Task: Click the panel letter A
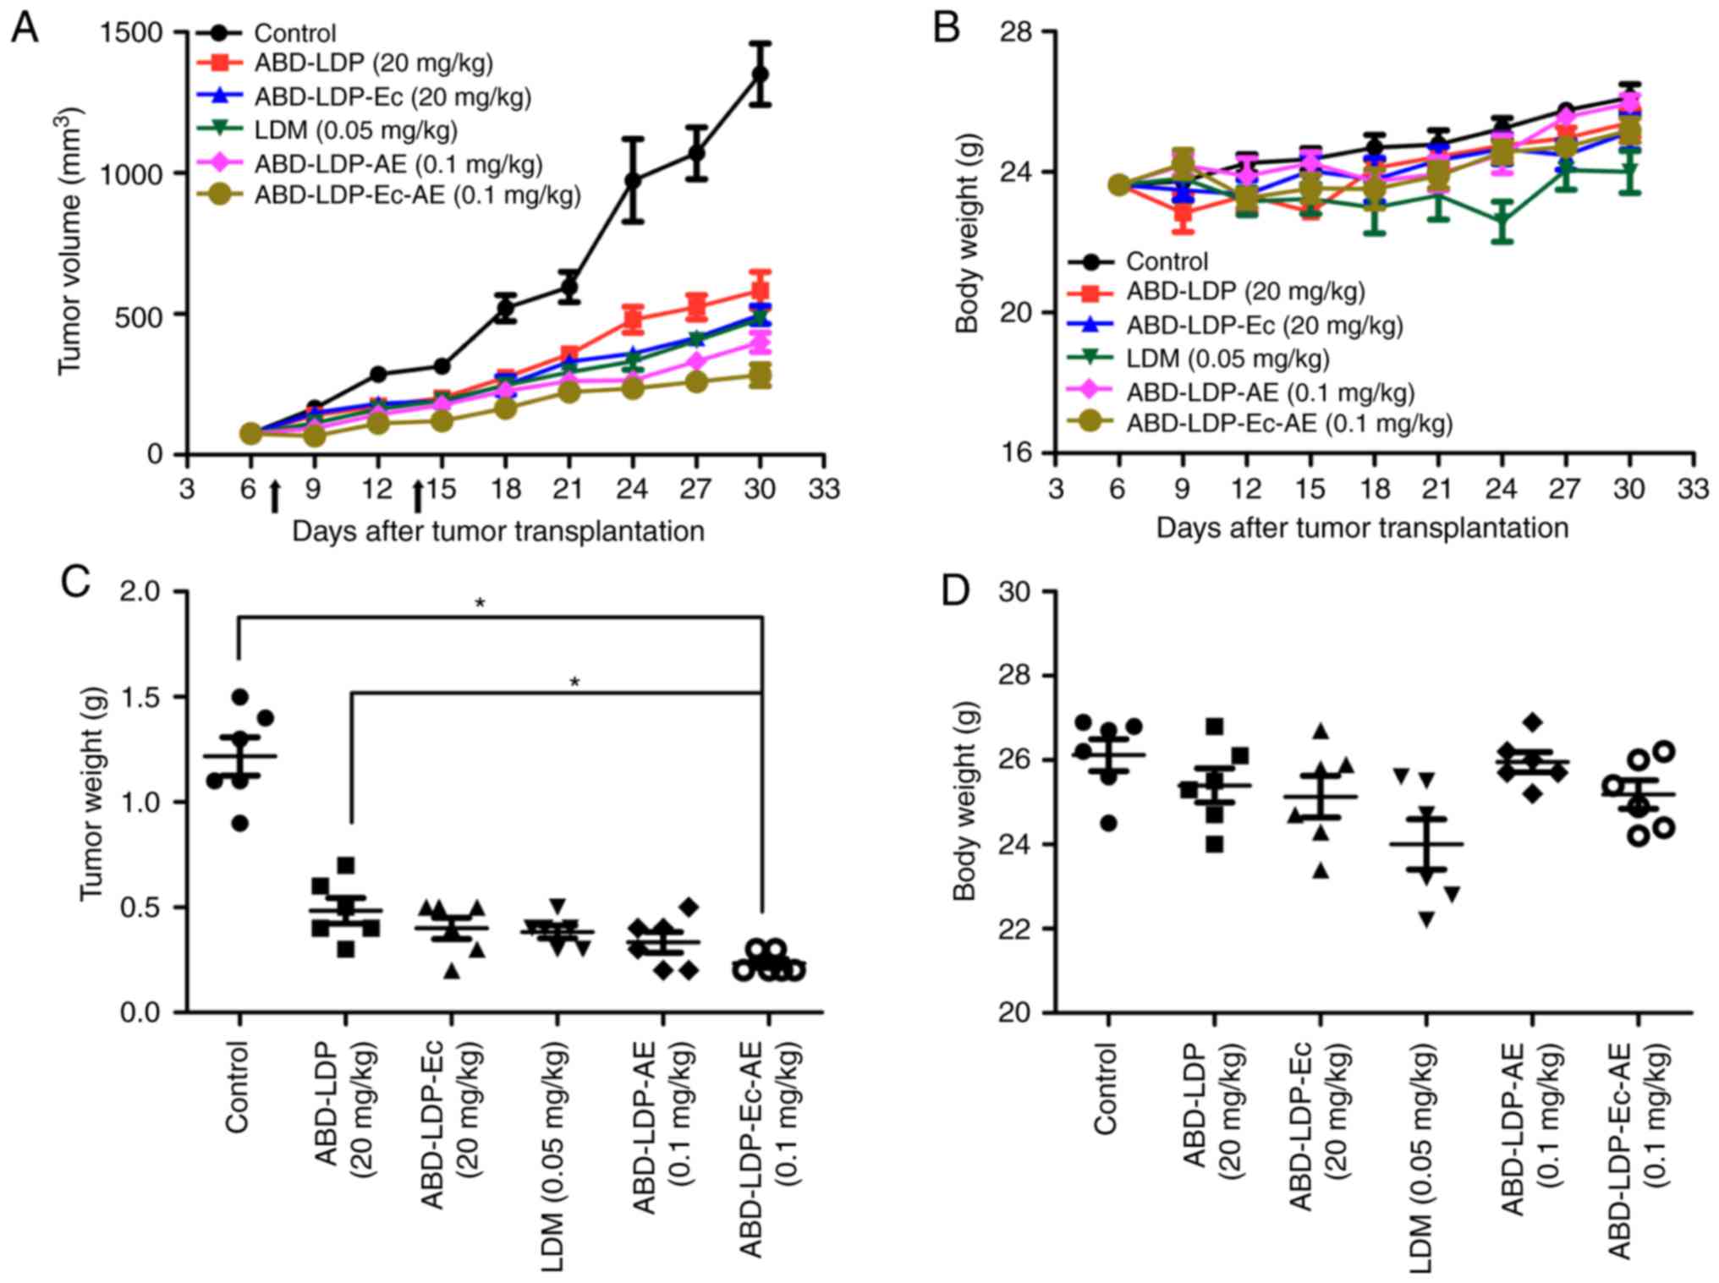coord(25,29)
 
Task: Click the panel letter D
coord(955,590)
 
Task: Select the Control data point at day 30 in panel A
coord(760,74)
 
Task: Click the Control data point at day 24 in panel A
coord(632,180)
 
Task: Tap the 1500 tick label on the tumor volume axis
coord(131,32)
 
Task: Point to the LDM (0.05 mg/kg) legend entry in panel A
coord(355,130)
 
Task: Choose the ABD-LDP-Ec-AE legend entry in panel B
coord(1288,423)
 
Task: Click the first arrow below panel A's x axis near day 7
coord(274,496)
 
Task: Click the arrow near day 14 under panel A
coord(417,496)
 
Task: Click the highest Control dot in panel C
coord(240,697)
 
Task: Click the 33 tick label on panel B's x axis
coord(1693,488)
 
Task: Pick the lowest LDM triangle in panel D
coord(1427,920)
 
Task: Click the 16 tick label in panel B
coord(1015,453)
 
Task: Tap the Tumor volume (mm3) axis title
coord(71,241)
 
